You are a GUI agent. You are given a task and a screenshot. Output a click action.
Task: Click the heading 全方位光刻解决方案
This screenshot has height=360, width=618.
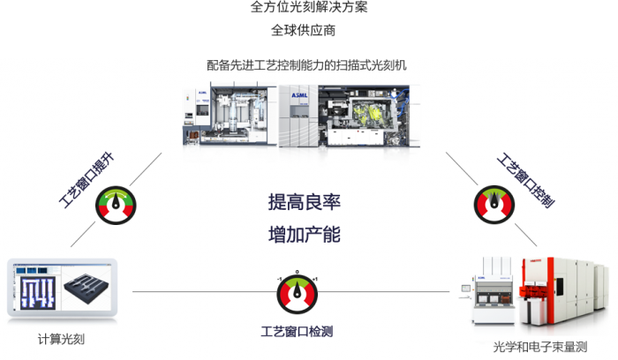click(x=309, y=8)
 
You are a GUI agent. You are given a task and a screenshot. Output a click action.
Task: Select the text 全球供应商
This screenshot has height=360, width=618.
click(x=308, y=34)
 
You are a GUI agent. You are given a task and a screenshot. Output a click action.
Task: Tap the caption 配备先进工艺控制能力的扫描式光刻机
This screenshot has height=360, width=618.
click(x=307, y=65)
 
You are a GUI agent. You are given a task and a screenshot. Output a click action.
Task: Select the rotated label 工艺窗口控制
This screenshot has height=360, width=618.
click(x=525, y=181)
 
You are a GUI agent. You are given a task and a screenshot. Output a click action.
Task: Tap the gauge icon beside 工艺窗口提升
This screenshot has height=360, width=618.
click(x=117, y=205)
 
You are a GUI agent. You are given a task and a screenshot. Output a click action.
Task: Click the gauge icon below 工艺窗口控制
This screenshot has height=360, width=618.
click(x=494, y=206)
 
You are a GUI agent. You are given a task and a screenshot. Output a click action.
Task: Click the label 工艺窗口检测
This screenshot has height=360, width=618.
click(x=298, y=332)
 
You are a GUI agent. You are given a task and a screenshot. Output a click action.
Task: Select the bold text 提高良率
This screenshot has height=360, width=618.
click(x=304, y=201)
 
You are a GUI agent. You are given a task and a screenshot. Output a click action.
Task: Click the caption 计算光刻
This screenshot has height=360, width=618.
click(x=61, y=339)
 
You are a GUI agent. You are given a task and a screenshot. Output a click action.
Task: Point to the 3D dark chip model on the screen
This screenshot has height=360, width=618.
click(x=87, y=288)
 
